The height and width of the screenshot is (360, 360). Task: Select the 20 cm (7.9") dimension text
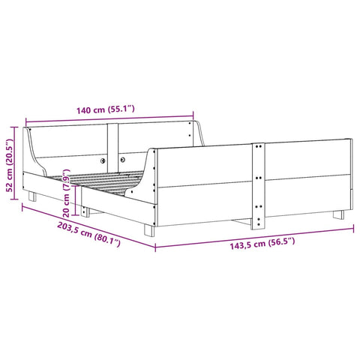[x=68, y=196]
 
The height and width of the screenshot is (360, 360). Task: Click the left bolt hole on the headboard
[x=103, y=159]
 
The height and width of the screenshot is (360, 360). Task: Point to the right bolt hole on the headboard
[x=121, y=159]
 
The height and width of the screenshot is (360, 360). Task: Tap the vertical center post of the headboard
[x=112, y=138]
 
